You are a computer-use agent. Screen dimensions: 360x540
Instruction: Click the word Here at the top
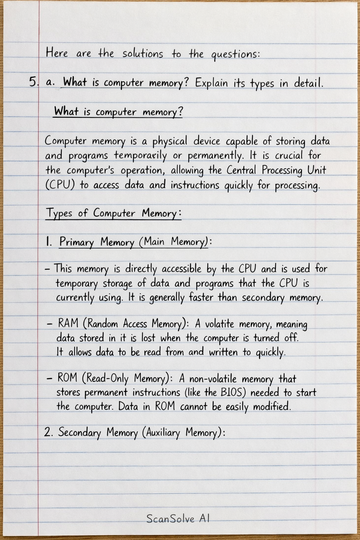57,53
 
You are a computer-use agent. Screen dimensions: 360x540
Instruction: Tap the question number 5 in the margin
33,82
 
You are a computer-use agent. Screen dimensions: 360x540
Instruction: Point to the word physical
170,141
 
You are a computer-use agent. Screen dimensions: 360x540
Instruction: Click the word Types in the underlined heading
59,213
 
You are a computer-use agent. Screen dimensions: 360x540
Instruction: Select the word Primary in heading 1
77,242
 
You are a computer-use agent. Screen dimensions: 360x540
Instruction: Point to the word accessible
181,269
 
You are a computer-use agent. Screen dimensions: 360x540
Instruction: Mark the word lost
148,338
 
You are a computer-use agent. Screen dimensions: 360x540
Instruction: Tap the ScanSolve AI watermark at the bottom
178,519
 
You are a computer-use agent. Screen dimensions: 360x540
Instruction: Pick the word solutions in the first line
143,53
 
